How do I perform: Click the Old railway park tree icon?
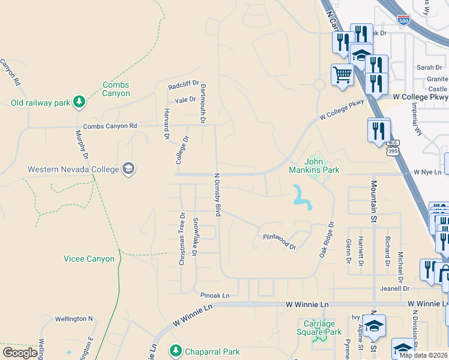click(x=79, y=103)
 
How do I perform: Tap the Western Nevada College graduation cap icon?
click(x=128, y=169)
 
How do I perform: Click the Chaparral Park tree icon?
click(x=175, y=350)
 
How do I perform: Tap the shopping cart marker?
click(x=342, y=76)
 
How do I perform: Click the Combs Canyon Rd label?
click(x=110, y=126)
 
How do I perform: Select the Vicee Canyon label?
click(x=89, y=259)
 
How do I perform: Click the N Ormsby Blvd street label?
click(x=218, y=194)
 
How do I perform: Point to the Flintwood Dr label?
click(x=280, y=241)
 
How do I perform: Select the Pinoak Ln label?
click(x=215, y=295)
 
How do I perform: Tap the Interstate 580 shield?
click(x=405, y=19)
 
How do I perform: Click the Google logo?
click(x=20, y=352)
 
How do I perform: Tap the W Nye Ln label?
click(x=428, y=172)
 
